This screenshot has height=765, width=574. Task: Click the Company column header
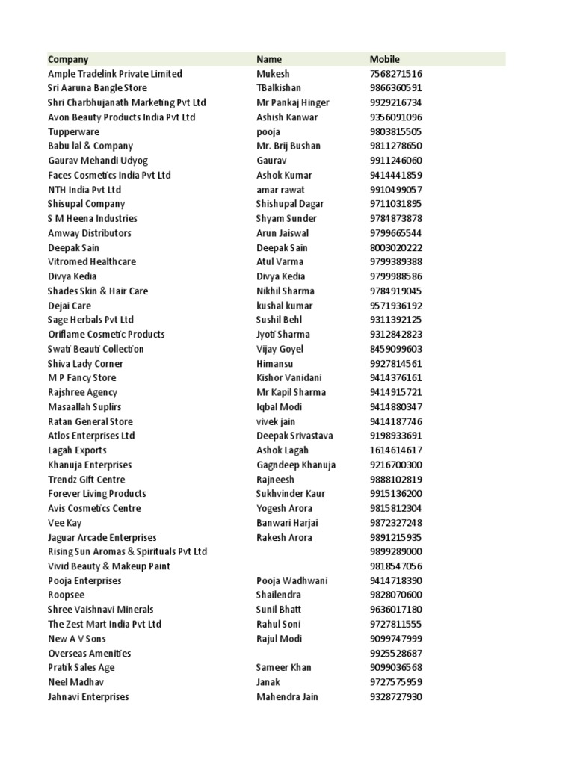(x=68, y=59)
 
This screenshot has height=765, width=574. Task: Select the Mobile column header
(x=385, y=59)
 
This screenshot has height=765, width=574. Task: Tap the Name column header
(x=269, y=59)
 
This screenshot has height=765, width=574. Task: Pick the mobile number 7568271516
(x=396, y=74)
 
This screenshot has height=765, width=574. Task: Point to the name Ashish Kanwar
(x=287, y=117)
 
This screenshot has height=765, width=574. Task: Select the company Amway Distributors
(x=89, y=233)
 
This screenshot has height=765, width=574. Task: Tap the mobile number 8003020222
(x=396, y=248)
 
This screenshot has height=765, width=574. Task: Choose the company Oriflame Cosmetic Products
(x=106, y=335)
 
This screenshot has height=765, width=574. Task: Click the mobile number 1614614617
(x=396, y=450)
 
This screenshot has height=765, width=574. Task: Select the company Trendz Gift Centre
(x=87, y=480)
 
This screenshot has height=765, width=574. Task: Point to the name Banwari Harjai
(x=286, y=523)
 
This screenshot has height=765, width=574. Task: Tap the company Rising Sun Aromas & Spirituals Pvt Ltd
(x=127, y=552)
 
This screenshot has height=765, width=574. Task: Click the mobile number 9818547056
(x=396, y=566)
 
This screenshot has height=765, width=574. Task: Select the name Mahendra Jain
(x=287, y=697)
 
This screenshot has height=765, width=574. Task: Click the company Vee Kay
(x=65, y=523)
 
